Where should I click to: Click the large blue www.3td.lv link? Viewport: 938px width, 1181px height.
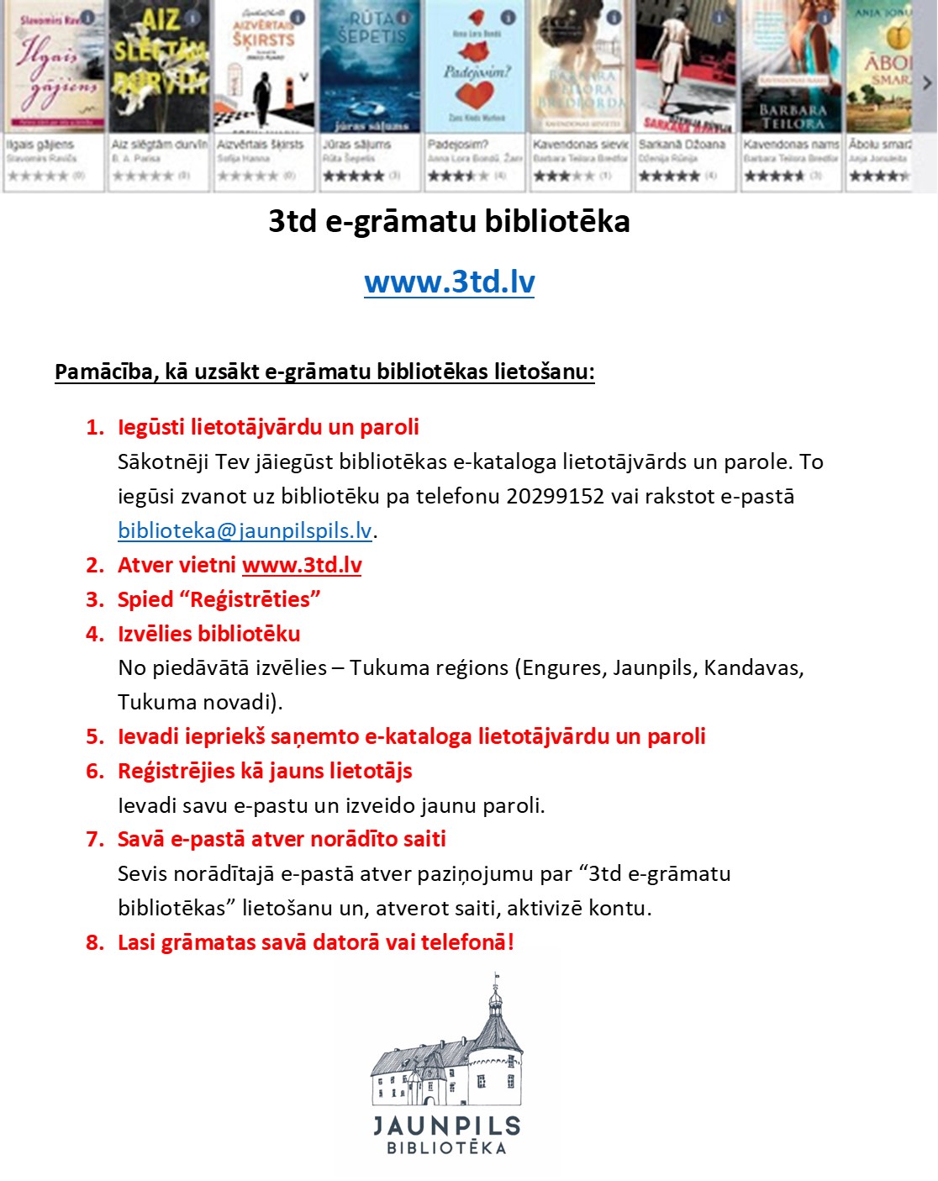click(x=450, y=282)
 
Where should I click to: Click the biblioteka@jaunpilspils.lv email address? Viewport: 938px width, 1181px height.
click(x=245, y=530)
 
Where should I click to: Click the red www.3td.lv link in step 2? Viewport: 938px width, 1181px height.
click(x=302, y=565)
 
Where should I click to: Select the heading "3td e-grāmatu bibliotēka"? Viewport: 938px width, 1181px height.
click(x=449, y=221)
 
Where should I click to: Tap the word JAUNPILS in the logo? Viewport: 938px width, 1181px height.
click(x=447, y=1126)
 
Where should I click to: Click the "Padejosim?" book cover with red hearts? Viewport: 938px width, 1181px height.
click(x=476, y=67)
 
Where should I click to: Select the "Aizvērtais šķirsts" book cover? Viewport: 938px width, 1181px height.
click(x=264, y=67)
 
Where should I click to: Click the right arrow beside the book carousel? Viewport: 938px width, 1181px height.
click(x=927, y=82)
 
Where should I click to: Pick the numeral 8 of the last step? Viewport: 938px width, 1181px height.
click(x=92, y=942)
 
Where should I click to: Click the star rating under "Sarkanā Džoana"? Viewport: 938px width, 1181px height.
click(x=669, y=176)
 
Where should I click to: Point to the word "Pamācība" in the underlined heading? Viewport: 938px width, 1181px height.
click(x=103, y=372)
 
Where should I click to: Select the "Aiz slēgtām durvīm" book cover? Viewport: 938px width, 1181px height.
click(x=159, y=67)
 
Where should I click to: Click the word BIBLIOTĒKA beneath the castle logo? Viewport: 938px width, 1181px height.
click(x=447, y=1148)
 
